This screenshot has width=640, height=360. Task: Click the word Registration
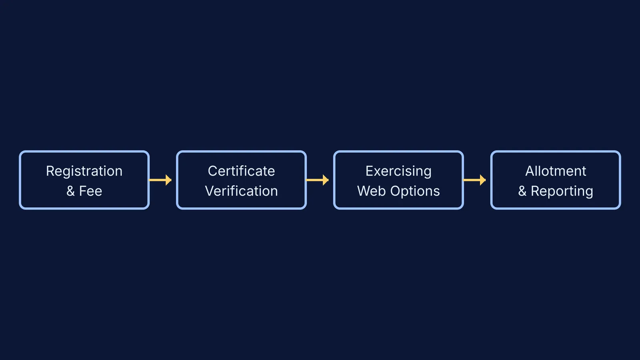pos(84,172)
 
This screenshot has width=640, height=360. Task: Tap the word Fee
pos(90,191)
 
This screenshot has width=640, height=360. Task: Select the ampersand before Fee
pos(70,191)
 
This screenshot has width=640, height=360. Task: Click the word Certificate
pos(242,171)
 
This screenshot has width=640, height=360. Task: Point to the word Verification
pos(242,191)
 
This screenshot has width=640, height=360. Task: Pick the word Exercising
pos(398,172)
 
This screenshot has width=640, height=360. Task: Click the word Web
pos(371,191)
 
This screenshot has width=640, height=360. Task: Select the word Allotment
pos(556,171)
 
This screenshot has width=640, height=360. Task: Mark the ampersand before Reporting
pos(522,191)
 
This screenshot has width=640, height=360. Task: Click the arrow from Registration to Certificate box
pos(160,180)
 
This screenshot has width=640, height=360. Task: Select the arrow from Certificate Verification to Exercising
pos(318,180)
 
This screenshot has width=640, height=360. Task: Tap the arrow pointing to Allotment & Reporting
pos(474,180)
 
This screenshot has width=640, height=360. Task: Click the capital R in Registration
pos(50,171)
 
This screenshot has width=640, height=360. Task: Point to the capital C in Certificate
pos(213,171)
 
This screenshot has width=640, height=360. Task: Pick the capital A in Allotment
pos(530,171)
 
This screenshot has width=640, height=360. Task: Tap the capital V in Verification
pos(210,191)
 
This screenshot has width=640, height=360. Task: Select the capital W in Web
pos(364,191)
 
